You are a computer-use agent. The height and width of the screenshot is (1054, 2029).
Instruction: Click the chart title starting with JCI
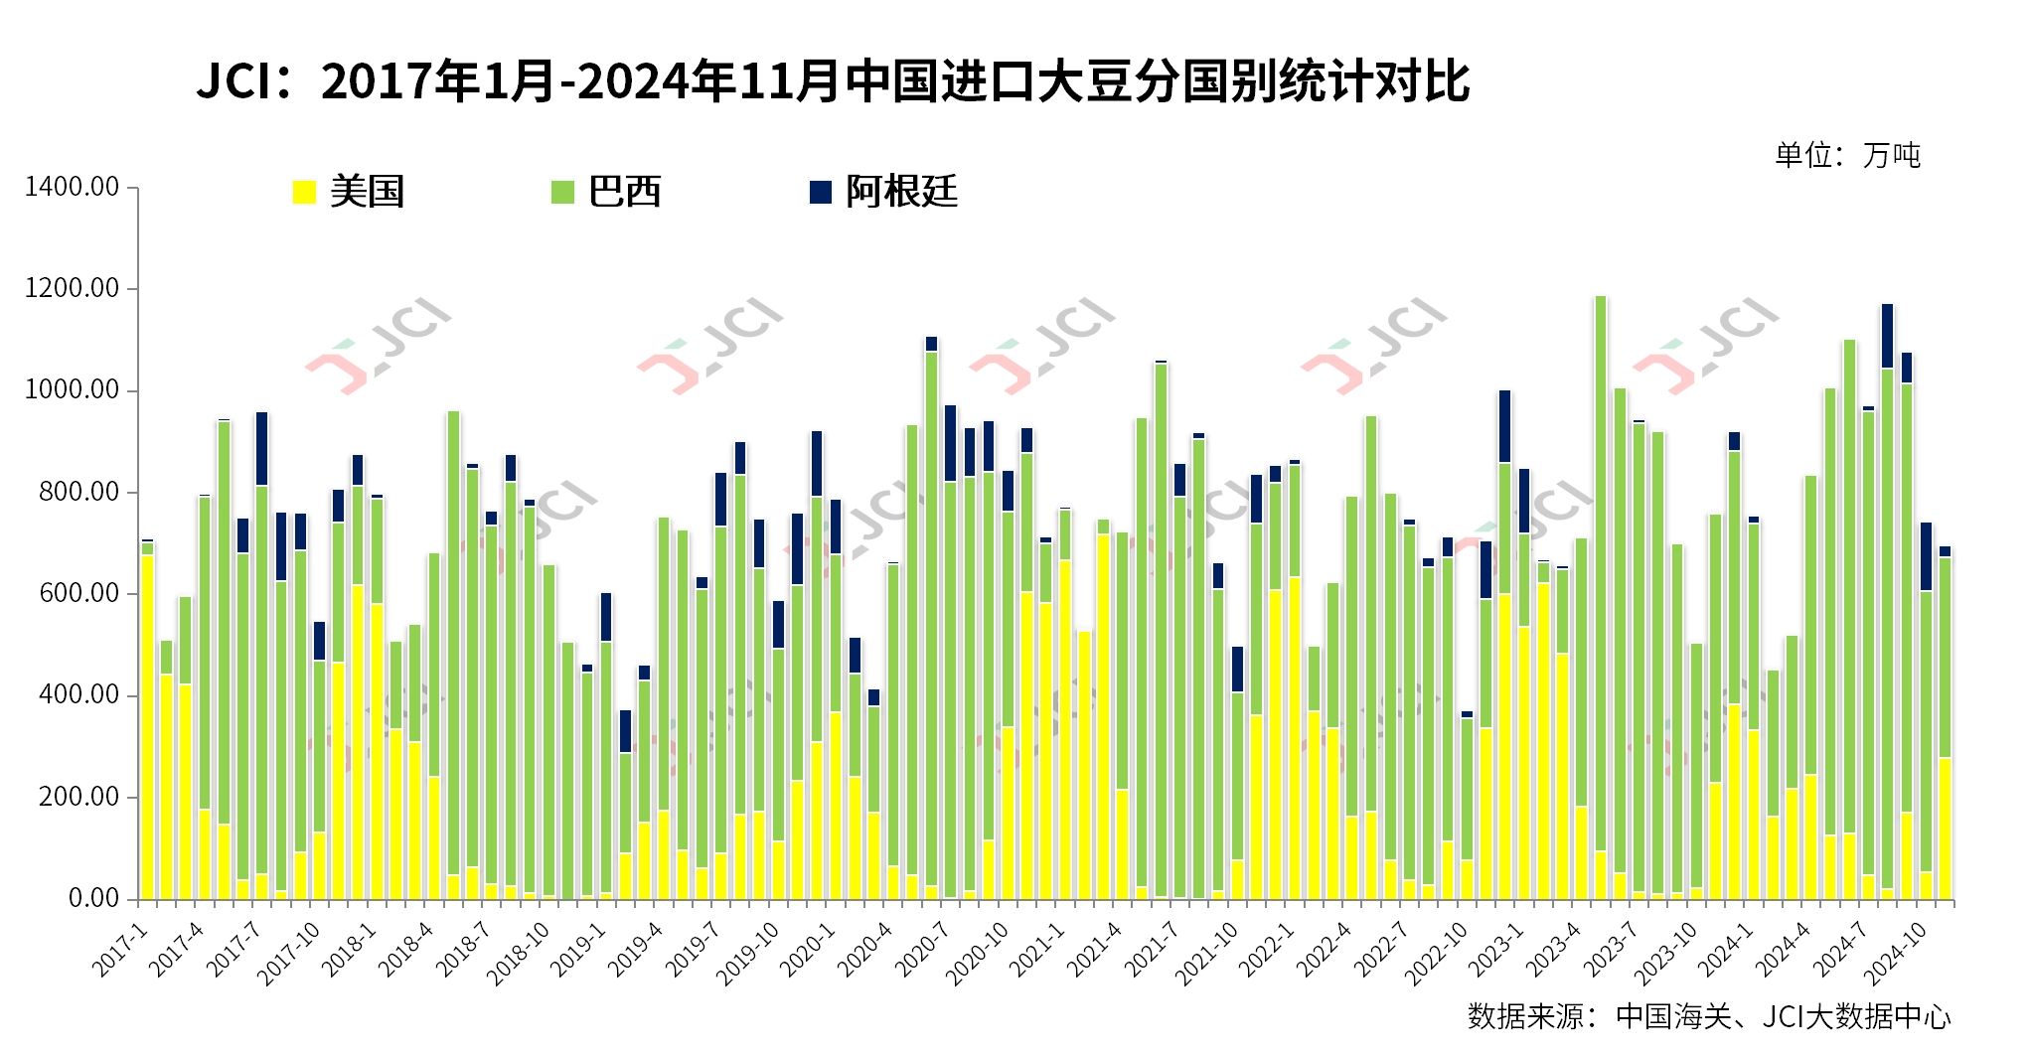click(x=833, y=81)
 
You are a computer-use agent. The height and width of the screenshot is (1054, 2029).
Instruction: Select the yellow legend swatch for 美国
click(x=304, y=192)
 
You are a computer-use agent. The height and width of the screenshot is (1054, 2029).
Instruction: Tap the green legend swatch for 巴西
click(x=562, y=192)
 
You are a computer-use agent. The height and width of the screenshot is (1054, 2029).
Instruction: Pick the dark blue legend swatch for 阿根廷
click(x=821, y=192)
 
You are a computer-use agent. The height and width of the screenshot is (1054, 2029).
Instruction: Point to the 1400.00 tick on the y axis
click(x=72, y=187)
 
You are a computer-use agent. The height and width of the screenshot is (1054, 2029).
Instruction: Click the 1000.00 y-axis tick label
click(x=72, y=390)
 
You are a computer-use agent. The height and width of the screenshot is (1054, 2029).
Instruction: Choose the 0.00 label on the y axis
click(x=93, y=898)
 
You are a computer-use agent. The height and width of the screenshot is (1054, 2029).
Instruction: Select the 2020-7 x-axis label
click(x=923, y=949)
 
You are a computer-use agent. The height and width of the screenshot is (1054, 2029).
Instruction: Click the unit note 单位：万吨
click(x=1847, y=155)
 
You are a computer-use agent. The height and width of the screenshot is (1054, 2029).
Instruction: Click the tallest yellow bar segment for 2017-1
click(x=147, y=725)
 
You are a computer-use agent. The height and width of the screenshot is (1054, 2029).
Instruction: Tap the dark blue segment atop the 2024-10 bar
click(x=1926, y=556)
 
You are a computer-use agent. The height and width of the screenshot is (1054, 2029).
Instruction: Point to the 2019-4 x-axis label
click(x=637, y=949)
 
